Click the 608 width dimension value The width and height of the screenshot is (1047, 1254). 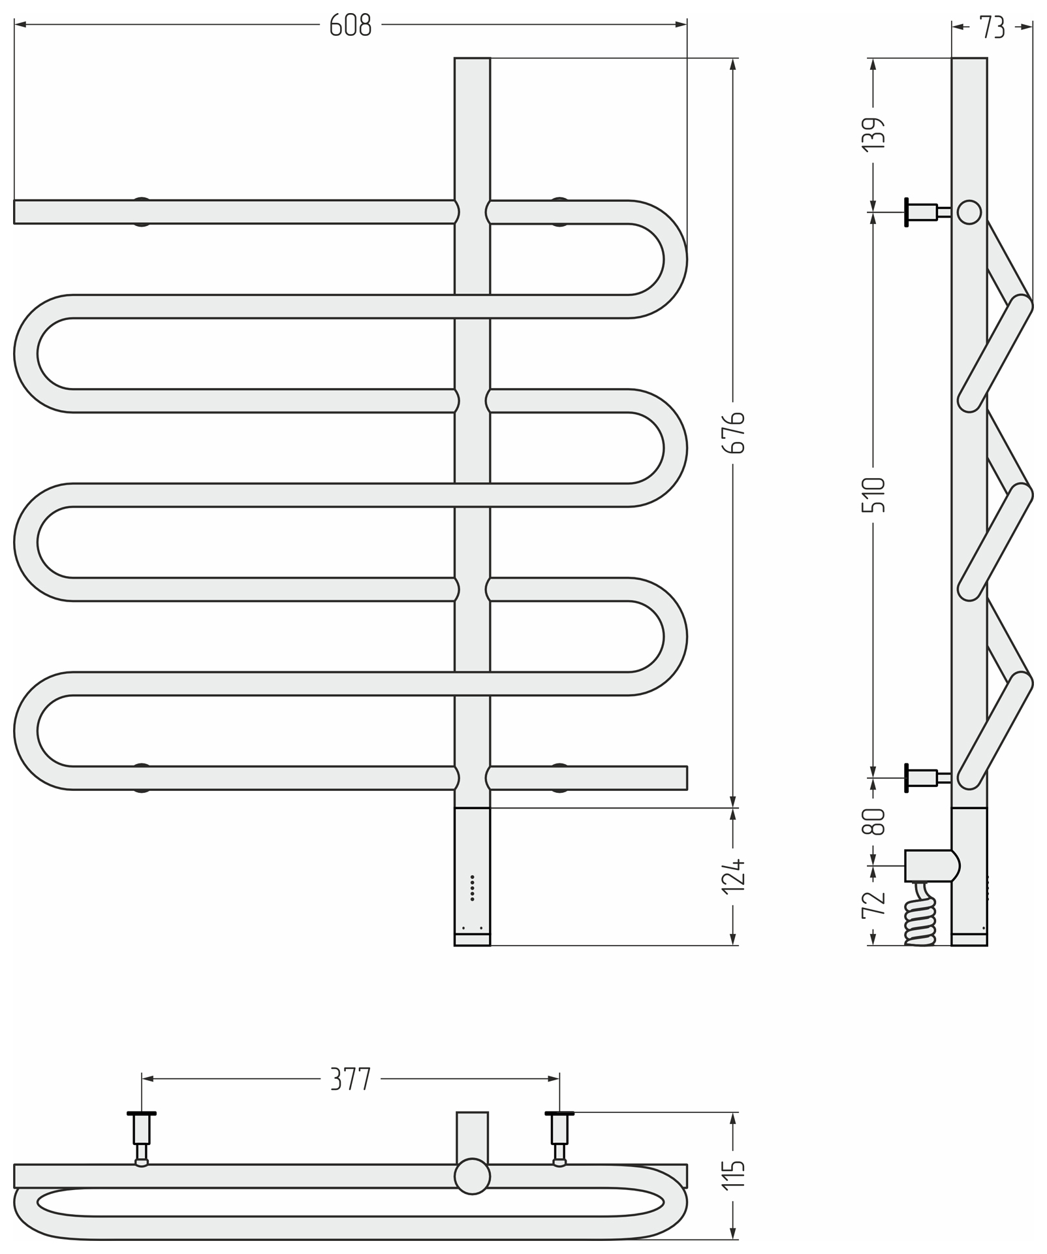[351, 25]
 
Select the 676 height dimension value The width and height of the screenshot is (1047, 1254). [734, 432]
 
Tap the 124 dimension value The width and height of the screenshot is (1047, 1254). [734, 875]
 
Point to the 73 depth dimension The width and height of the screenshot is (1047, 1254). [992, 27]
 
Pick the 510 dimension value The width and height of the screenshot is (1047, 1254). [874, 494]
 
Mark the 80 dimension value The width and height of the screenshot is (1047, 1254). [874, 821]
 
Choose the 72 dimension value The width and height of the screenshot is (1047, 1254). [874, 905]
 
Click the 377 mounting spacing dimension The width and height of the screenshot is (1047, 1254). [351, 1079]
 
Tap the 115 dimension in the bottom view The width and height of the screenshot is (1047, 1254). [734, 1175]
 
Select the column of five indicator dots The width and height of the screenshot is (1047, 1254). [472, 888]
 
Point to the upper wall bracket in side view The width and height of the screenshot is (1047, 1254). [927, 212]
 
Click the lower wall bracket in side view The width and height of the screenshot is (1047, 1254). [927, 778]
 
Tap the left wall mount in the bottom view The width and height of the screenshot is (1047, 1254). [142, 1138]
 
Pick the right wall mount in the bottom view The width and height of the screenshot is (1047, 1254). [559, 1138]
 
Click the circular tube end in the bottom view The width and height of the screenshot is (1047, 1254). [472, 1176]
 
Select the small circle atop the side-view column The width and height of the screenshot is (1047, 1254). [969, 212]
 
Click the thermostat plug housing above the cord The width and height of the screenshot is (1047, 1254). [932, 865]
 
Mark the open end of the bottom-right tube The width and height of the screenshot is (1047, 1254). [687, 778]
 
